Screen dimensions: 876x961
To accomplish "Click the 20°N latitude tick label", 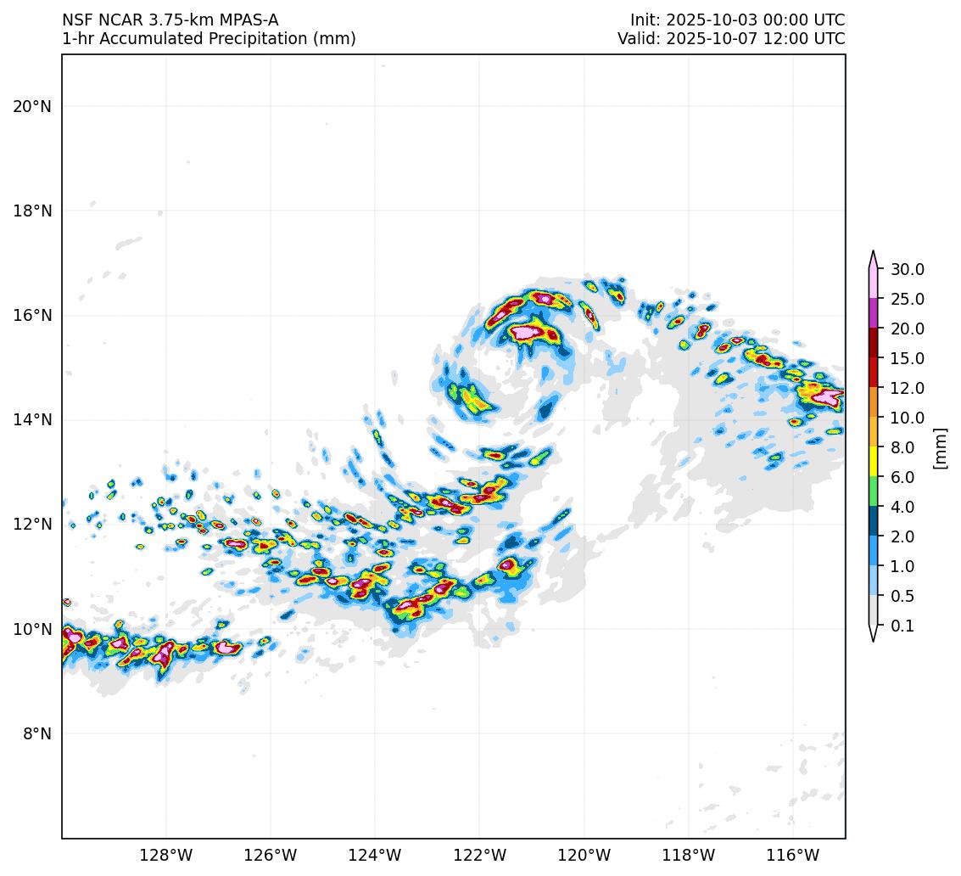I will (x=32, y=106).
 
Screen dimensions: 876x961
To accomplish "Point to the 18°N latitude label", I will (x=32, y=211).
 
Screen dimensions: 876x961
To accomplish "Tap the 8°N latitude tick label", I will (x=36, y=733).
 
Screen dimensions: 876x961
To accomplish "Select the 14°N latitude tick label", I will (x=32, y=419).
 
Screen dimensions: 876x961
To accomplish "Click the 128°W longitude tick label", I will (x=165, y=854).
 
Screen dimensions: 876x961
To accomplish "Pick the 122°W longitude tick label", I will (x=479, y=854).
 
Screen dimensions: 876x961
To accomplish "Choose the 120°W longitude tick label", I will (x=584, y=854).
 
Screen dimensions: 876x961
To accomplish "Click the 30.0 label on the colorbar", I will (x=907, y=269).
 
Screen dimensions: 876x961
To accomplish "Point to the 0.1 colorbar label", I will (x=902, y=626).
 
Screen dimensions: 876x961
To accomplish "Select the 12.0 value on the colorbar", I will (x=907, y=388).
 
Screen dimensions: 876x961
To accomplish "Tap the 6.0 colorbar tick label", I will (x=902, y=477).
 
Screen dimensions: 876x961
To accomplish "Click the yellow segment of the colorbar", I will (x=874, y=462).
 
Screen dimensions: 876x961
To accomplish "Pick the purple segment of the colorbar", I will (x=874, y=313).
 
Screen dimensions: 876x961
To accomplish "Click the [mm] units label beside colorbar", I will (x=939, y=447).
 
